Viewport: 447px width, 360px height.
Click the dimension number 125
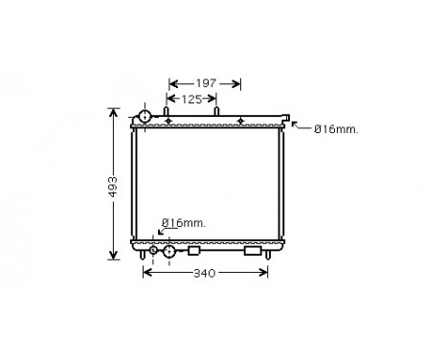click(191, 99)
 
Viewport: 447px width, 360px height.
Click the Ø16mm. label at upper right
click(336, 131)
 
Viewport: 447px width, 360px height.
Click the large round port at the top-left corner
click(144, 117)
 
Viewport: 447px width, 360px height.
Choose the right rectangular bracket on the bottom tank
click(253, 251)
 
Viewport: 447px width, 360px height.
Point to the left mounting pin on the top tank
click(168, 114)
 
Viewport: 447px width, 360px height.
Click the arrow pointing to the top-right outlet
click(298, 125)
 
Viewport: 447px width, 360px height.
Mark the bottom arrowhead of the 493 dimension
click(115, 256)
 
